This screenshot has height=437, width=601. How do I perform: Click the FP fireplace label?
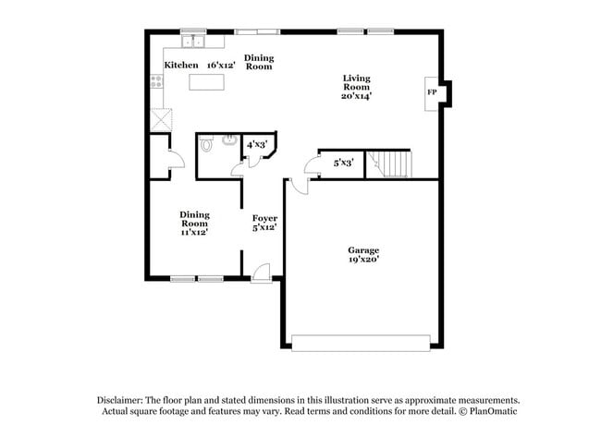coord(431,93)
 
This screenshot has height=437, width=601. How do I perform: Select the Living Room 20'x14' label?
coord(356,87)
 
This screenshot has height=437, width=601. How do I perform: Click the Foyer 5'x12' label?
coord(265,223)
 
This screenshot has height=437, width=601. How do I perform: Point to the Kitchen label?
coord(180,65)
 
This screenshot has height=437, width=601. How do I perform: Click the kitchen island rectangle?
coord(207,81)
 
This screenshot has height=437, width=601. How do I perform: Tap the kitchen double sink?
coord(194,42)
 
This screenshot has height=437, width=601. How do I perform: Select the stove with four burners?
coord(157,81)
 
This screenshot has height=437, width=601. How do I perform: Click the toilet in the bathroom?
coord(207,145)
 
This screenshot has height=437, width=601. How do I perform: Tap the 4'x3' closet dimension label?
coord(256,145)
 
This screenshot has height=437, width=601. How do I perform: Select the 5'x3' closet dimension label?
coord(343,163)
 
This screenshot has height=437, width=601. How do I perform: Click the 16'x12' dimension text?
coord(221,65)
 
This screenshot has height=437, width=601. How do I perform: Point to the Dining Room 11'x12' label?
coord(194,223)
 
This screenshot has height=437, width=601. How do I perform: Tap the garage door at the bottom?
coord(362,342)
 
